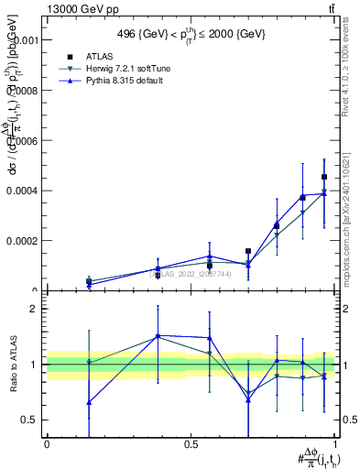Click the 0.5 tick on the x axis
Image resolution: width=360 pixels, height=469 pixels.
click(x=191, y=443)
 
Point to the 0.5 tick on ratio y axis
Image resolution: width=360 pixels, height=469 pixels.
click(x=31, y=420)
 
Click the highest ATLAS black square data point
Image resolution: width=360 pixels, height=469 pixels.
click(x=324, y=177)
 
